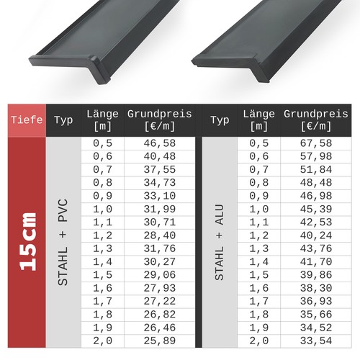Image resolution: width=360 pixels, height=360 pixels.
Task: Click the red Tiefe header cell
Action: pos(27,120)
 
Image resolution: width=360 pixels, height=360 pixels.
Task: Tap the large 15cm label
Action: pos(28,242)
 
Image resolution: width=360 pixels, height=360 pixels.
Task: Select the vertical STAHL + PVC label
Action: pos(63,242)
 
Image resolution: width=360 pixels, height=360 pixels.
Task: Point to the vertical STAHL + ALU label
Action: pos(220,242)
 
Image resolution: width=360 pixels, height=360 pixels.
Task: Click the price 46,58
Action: pos(160,143)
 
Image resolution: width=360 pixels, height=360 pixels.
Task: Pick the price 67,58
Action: pos(316,143)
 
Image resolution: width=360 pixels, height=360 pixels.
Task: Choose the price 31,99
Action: pos(160,209)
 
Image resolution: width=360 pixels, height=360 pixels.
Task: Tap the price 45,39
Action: pos(316,209)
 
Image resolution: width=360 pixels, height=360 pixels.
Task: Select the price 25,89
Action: pos(160,341)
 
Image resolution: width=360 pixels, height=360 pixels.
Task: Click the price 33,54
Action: pos(316,341)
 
